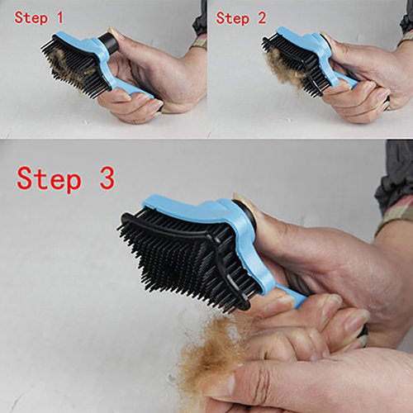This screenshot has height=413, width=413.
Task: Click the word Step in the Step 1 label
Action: click(31, 18)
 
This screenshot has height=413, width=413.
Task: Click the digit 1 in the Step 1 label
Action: click(59, 17)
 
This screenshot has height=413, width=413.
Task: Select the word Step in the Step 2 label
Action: click(233, 19)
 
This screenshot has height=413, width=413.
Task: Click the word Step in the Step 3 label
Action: click(49, 178)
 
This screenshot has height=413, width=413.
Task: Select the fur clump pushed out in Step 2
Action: click(283, 71)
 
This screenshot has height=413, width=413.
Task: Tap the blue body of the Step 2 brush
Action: click(316, 50)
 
